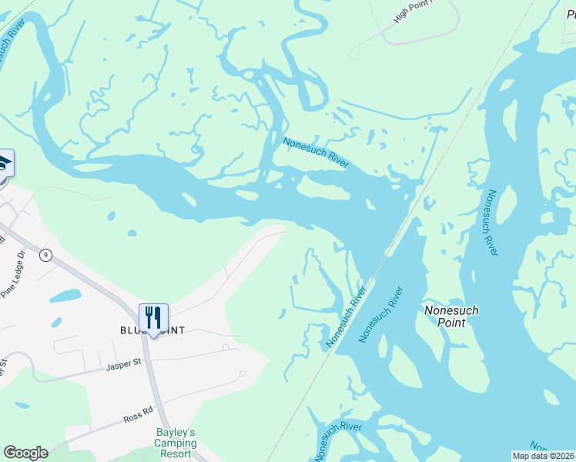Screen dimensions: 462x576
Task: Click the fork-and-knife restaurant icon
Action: click(153, 317)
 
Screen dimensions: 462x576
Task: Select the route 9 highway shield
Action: click(46, 256)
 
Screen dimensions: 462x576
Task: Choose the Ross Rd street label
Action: click(139, 417)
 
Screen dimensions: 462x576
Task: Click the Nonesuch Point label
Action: click(451, 316)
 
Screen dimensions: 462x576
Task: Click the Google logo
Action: click(25, 453)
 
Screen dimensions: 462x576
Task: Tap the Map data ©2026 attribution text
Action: click(544, 456)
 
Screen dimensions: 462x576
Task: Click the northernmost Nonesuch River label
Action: click(316, 152)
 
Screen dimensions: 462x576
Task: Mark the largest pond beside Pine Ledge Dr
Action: click(65, 295)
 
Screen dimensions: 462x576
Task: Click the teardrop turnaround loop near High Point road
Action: click(355, 53)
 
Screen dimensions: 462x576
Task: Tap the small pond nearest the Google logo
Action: click(22, 405)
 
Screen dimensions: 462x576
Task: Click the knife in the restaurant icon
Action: click(157, 316)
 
